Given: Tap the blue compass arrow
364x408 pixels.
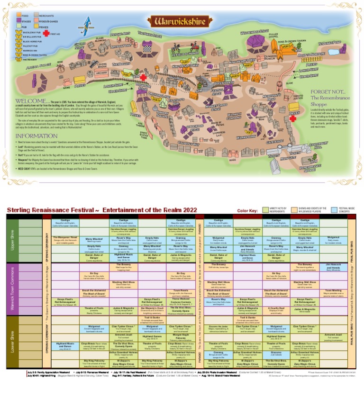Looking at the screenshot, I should (x=86, y=24).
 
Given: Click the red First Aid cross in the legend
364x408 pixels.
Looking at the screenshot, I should (x=46, y=34).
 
